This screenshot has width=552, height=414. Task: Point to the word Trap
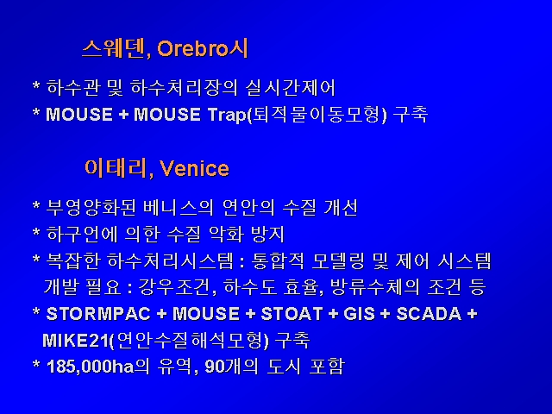pos(227,115)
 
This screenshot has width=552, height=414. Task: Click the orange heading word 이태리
pos(115,168)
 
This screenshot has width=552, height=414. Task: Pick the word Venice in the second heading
pos(194,168)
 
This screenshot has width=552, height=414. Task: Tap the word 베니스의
pos(179,207)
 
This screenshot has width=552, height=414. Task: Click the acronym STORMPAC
pos(98,314)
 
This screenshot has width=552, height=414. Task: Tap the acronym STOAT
pos(292,314)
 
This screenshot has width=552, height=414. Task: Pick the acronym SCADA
pos(429,314)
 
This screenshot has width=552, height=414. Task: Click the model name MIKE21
pos(76,341)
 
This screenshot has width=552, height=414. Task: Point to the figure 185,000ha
pos(90,367)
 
